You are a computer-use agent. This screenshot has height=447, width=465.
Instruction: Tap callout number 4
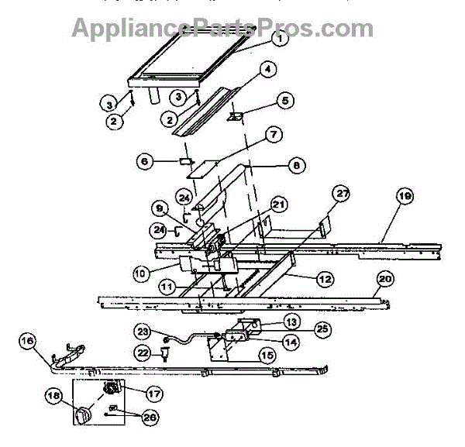pyautogui.click(x=267, y=69)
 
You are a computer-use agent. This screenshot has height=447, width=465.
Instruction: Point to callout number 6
pyautogui.click(x=144, y=161)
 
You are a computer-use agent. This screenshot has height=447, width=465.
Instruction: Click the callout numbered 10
pyautogui.click(x=140, y=273)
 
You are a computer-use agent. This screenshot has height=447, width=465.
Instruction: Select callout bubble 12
pyautogui.click(x=325, y=277)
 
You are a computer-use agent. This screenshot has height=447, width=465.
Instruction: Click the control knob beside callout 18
pyautogui.click(x=83, y=415)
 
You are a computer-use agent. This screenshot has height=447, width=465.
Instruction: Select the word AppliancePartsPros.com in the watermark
pyautogui.click(x=222, y=28)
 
